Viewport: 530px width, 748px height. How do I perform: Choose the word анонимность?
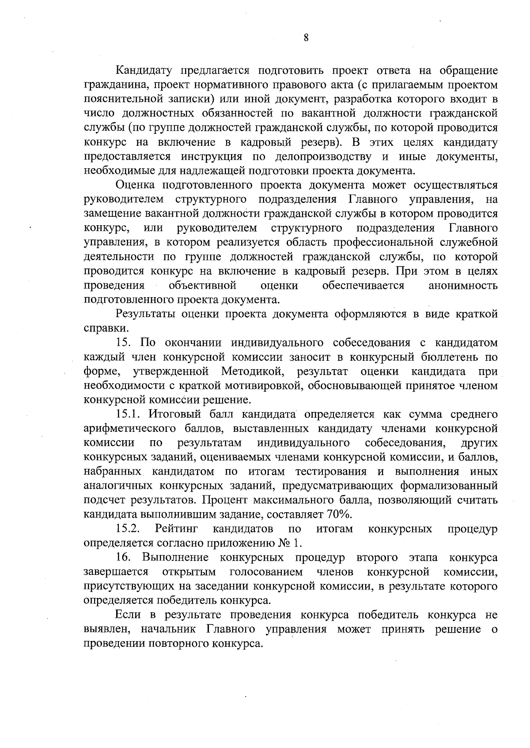463,286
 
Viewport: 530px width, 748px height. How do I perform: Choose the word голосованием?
266,572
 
